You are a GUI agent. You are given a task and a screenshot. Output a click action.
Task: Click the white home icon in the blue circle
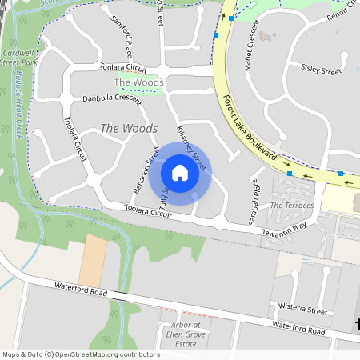click(x=180, y=173)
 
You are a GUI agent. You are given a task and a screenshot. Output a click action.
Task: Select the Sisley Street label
click(x=321, y=70)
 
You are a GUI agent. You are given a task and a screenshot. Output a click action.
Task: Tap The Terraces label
click(x=292, y=206)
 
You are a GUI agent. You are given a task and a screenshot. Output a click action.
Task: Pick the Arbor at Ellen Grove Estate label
click(x=186, y=334)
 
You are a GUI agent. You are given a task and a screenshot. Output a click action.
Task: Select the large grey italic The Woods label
click(x=128, y=128)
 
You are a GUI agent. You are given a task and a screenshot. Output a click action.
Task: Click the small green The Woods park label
click(x=139, y=82)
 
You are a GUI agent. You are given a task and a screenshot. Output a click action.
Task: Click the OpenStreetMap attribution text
click(x=82, y=354)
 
